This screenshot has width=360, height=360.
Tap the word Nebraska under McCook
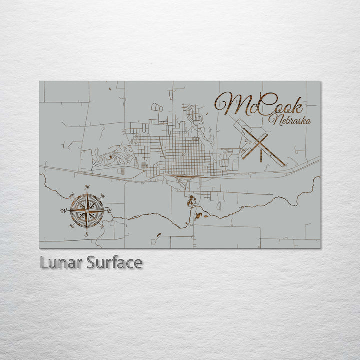click(x=289, y=120)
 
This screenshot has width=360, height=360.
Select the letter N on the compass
click(x=87, y=188)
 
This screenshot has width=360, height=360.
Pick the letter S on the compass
click(x=86, y=233)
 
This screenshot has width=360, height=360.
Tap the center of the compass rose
click(x=87, y=210)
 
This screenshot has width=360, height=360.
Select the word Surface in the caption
click(x=114, y=263)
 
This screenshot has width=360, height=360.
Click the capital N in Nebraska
click(x=272, y=119)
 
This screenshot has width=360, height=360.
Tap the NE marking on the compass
click(x=102, y=195)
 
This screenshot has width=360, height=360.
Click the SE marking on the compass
click(x=102, y=226)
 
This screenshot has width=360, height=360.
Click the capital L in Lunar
click(x=43, y=263)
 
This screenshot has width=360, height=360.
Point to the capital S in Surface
click(x=91, y=263)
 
